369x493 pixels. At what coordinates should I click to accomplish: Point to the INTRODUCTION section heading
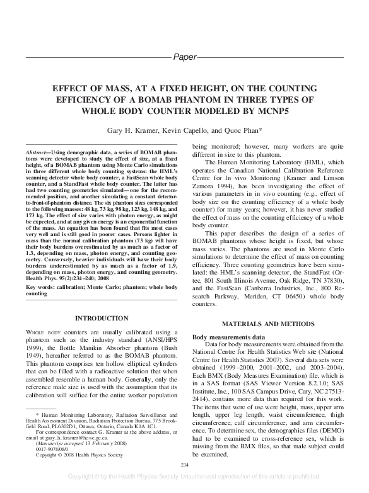click(102, 319)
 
